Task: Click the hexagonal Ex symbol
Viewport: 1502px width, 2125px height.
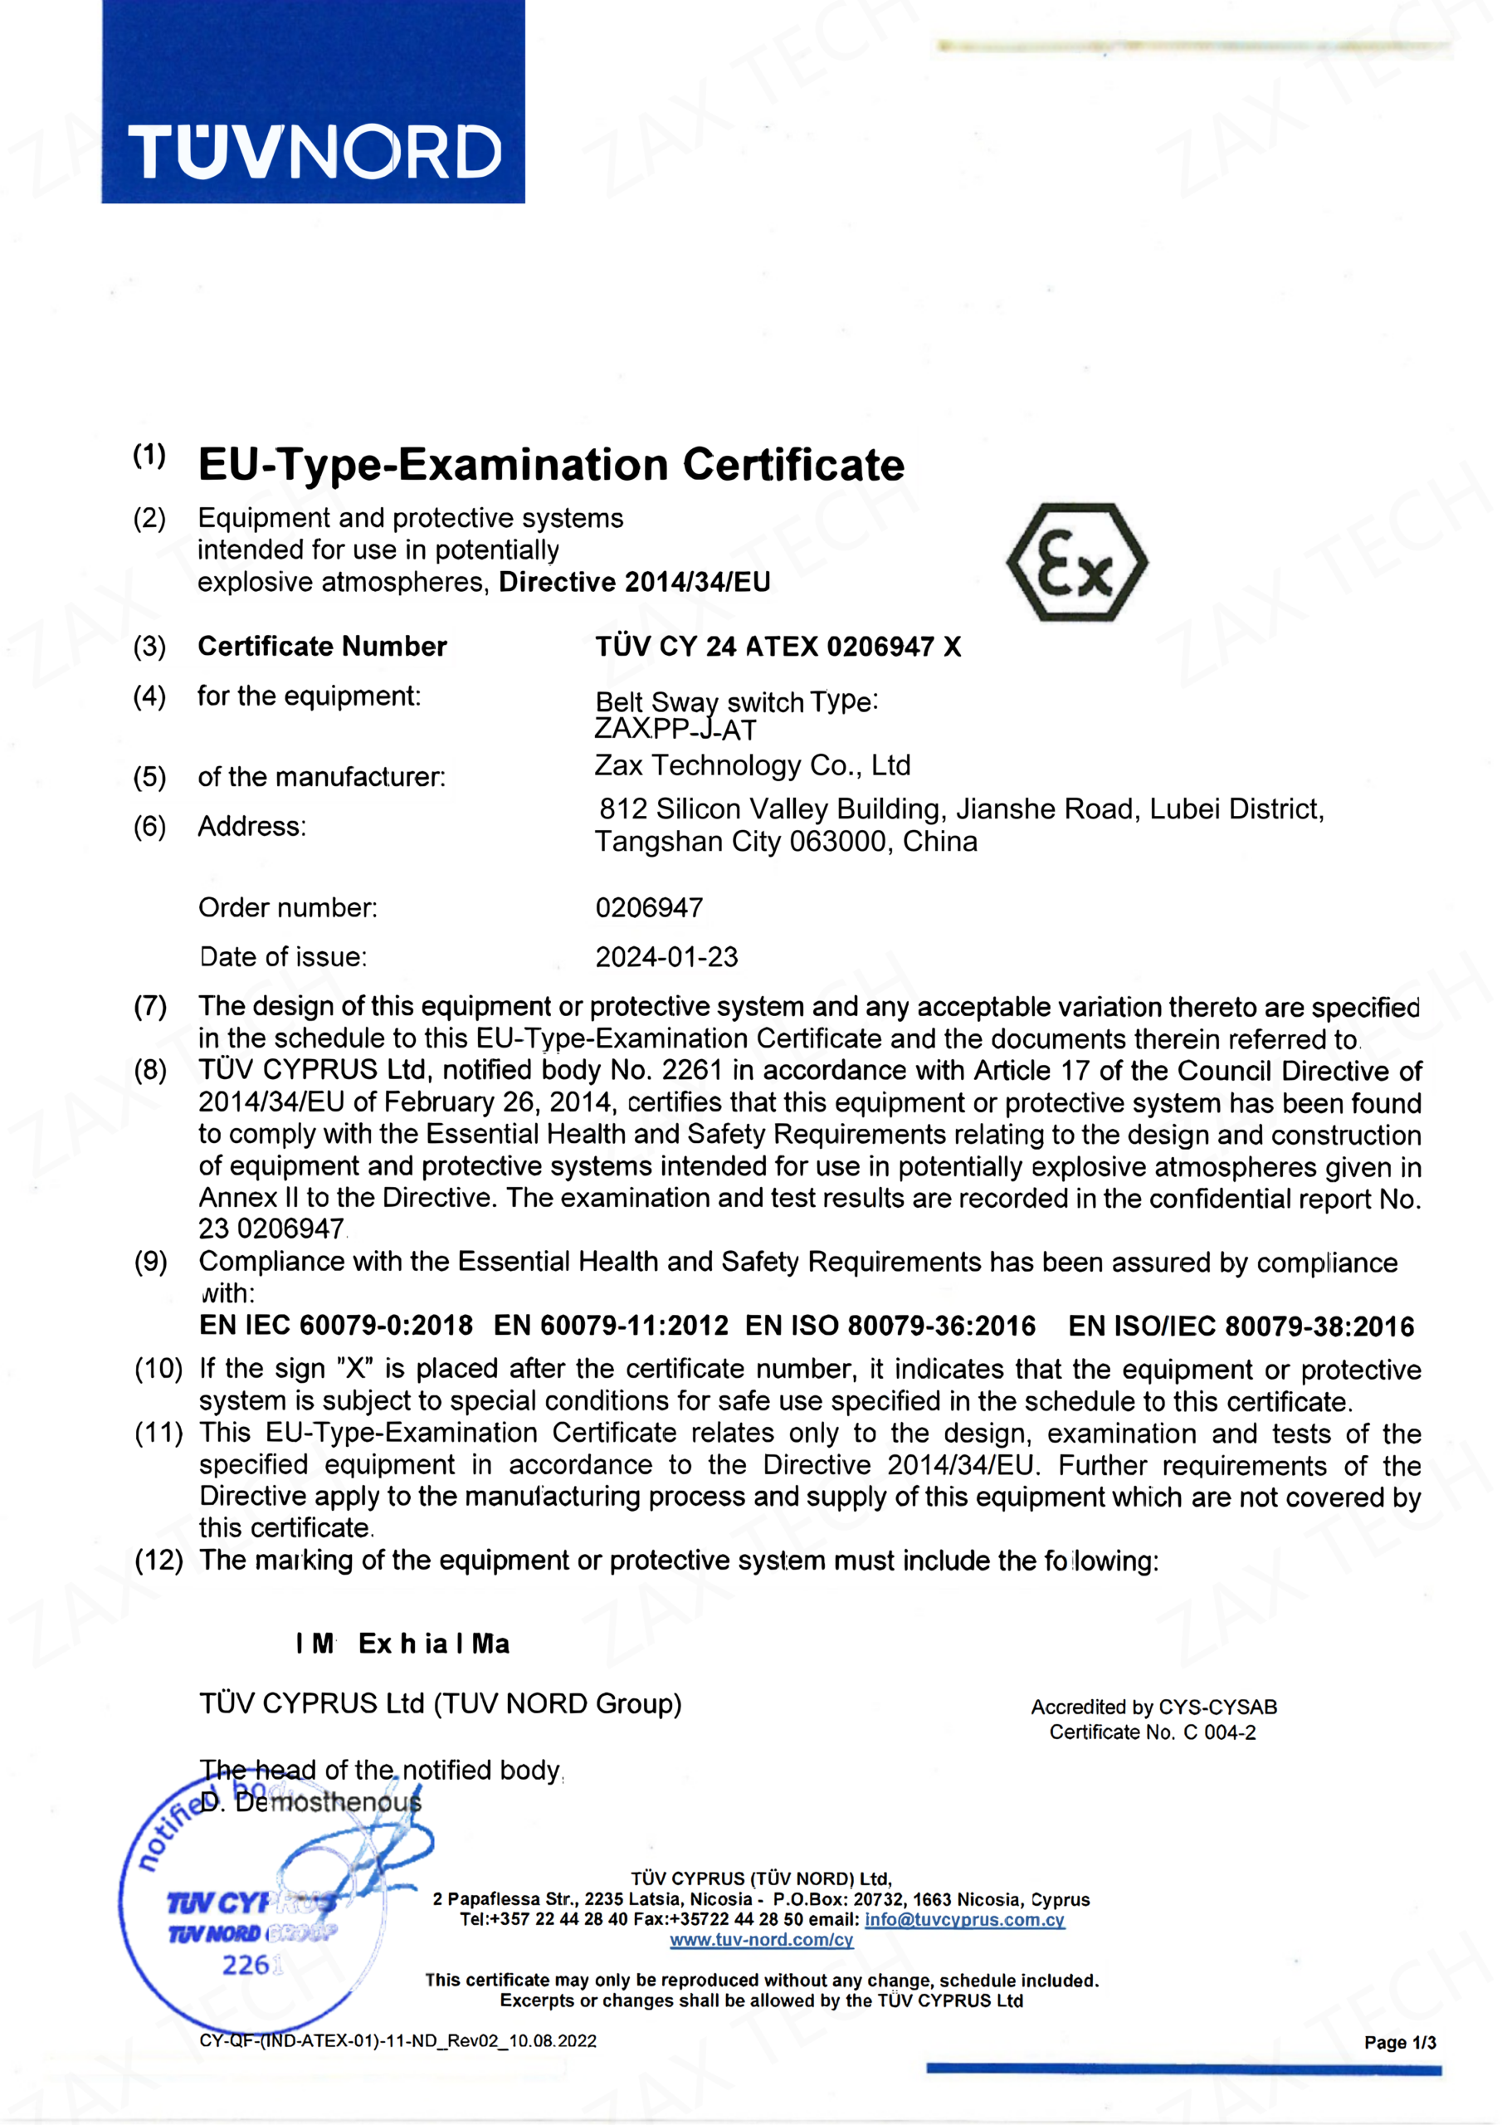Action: (x=1076, y=562)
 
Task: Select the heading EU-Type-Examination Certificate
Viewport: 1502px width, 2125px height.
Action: (x=551, y=465)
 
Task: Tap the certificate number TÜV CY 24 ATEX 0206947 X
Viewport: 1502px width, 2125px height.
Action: (x=778, y=646)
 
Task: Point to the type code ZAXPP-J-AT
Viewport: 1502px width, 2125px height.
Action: (x=675, y=730)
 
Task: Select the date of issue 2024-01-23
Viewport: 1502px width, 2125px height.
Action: (x=666, y=957)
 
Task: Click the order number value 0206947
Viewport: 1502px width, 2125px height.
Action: (x=649, y=907)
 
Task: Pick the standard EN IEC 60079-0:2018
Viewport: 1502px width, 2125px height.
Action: (x=336, y=1326)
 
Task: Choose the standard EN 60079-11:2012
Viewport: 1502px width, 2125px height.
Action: (x=611, y=1326)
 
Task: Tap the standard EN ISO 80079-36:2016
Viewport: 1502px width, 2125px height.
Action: (x=890, y=1326)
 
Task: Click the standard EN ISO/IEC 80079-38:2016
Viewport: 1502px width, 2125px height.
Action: (x=1241, y=1326)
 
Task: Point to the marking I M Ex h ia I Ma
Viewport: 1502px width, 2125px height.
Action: (x=402, y=1644)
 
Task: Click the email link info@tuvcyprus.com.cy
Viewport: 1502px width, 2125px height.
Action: (x=964, y=1919)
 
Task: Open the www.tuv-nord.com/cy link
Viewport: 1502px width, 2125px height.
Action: (x=761, y=1940)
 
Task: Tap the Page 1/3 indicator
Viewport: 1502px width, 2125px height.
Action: (x=1399, y=2043)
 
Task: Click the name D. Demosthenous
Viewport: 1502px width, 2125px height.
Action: (x=311, y=1802)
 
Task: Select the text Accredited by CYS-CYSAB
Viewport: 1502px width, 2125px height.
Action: (x=1153, y=1707)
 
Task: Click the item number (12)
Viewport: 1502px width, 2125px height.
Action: (x=159, y=1561)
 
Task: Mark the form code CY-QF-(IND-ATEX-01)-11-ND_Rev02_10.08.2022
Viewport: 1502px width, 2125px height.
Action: (x=398, y=2041)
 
